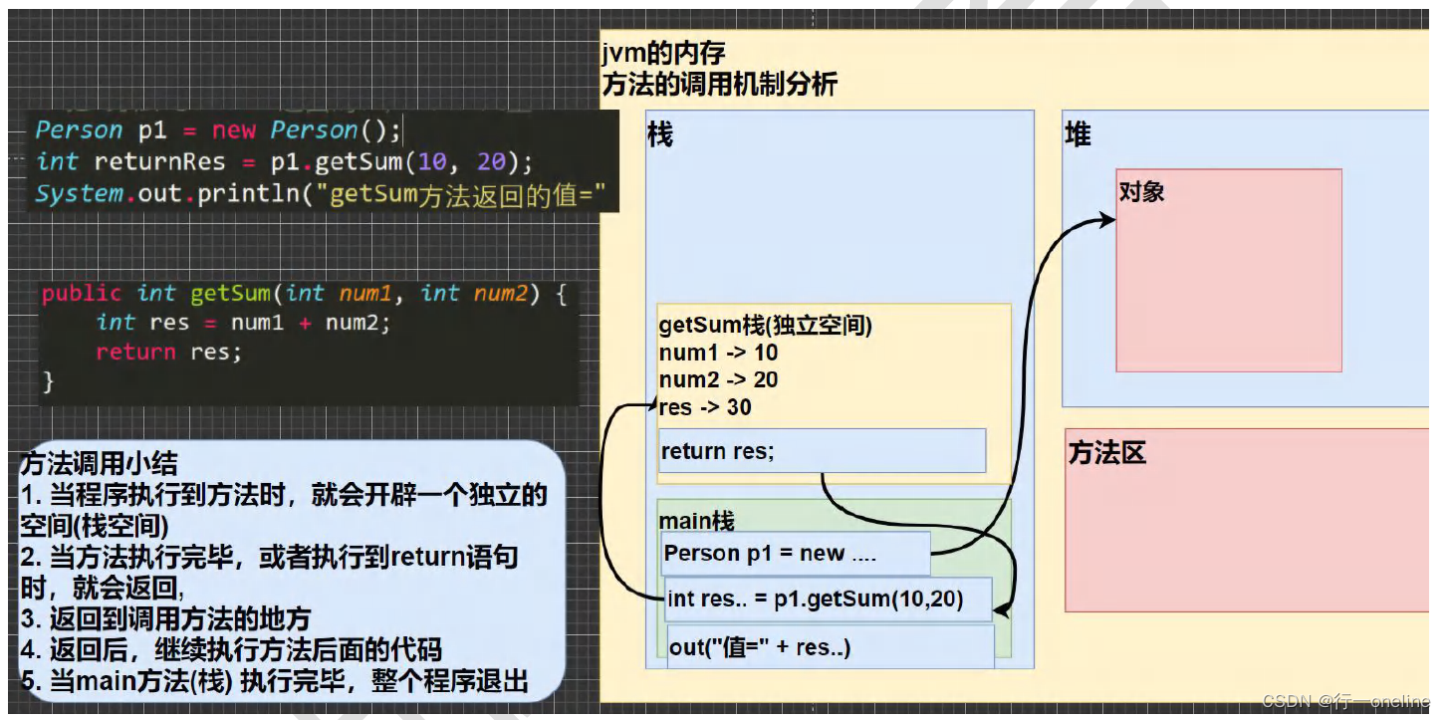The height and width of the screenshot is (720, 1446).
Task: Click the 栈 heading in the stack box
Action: click(x=660, y=134)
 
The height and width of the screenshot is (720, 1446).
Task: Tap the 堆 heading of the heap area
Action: click(x=1078, y=134)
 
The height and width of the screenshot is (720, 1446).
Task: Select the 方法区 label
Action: click(x=1106, y=453)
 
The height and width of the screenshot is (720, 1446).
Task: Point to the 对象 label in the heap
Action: click(x=1141, y=192)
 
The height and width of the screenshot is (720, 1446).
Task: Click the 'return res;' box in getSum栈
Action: click(x=822, y=451)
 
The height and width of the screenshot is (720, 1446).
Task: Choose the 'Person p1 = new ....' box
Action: click(x=795, y=554)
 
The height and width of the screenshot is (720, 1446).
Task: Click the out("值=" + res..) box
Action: click(x=831, y=647)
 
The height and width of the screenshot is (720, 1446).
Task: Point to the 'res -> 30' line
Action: click(x=705, y=406)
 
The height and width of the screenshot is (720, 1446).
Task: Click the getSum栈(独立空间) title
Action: click(x=765, y=326)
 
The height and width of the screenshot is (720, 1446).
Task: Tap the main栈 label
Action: click(x=696, y=521)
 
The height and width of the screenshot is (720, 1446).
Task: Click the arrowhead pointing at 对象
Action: click(x=1107, y=220)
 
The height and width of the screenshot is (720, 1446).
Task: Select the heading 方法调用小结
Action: click(x=99, y=463)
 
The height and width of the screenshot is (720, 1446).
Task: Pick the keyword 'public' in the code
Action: click(x=82, y=293)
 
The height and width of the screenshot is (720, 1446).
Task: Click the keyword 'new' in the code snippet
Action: click(x=234, y=130)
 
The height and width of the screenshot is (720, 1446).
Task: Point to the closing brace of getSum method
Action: click(x=48, y=380)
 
